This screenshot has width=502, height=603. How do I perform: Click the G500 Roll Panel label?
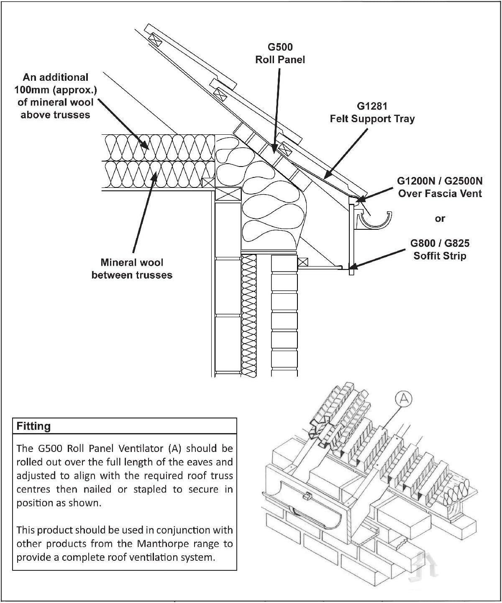280,53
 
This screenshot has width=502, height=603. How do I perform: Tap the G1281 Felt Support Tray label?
372,113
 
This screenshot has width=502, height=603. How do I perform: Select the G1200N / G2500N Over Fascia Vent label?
440,187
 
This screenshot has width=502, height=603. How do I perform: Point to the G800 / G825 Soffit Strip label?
440,249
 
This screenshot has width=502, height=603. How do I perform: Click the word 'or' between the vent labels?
440,218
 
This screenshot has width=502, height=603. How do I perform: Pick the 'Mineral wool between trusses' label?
132,269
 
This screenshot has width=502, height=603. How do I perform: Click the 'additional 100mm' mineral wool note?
55,96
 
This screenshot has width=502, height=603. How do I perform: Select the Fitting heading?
33,426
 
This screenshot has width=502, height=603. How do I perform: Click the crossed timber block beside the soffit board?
303,263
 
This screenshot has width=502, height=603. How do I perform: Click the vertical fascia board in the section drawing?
352,239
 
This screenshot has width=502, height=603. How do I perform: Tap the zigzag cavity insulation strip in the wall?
249,314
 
